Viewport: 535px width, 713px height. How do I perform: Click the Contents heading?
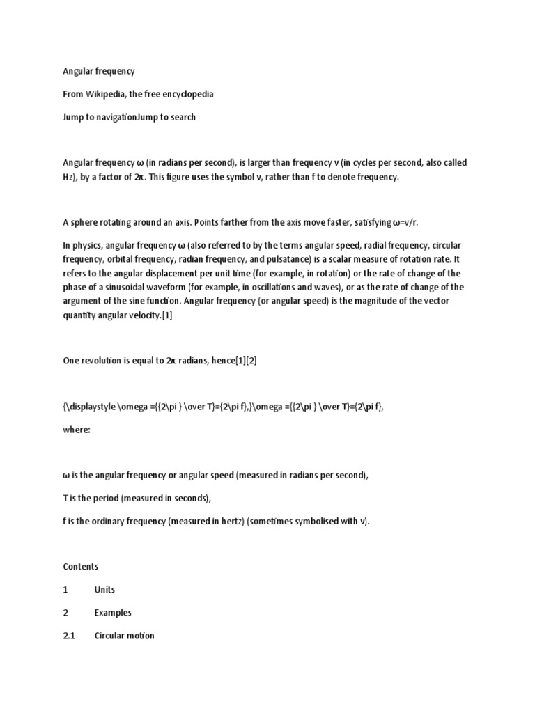81,566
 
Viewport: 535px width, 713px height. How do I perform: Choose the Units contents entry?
104,589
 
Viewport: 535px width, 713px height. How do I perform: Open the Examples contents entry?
113,613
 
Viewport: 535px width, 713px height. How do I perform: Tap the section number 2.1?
68,636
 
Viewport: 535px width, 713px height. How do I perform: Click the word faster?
297,222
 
